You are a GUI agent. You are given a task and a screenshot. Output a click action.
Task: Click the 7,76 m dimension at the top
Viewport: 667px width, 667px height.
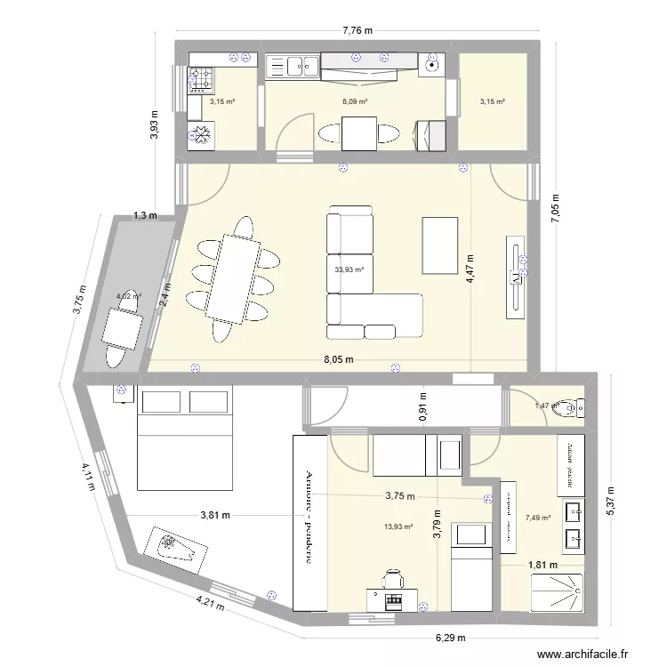coord(357,30)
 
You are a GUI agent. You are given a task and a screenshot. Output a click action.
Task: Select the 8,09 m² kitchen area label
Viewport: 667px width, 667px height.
coord(355,102)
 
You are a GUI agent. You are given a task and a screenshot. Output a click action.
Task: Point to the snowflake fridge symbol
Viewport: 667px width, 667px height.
coord(201,135)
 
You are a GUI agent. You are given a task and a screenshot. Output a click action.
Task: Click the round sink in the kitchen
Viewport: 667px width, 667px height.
coord(432,63)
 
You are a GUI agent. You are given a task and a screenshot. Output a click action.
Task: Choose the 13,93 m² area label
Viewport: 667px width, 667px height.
coord(398,526)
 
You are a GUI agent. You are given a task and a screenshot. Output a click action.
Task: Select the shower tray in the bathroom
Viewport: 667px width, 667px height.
coord(558,593)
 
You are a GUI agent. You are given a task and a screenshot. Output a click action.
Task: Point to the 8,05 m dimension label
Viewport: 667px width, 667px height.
coord(338,360)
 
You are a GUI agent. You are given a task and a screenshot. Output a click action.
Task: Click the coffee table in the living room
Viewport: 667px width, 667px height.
coord(442,245)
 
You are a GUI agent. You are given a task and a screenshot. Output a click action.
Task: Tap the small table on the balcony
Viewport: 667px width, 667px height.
coord(123,329)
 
